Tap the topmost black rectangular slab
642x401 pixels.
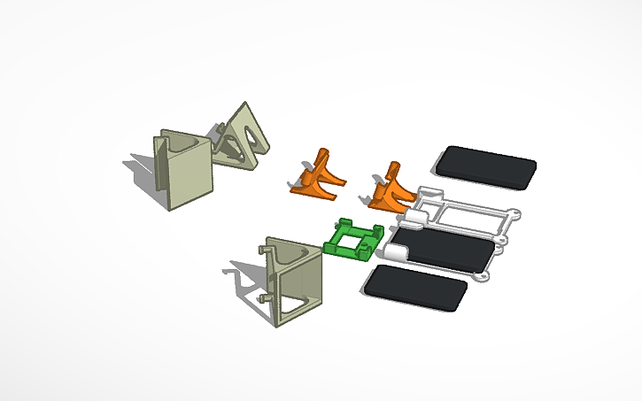(486, 166)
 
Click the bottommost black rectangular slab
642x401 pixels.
(416, 287)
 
